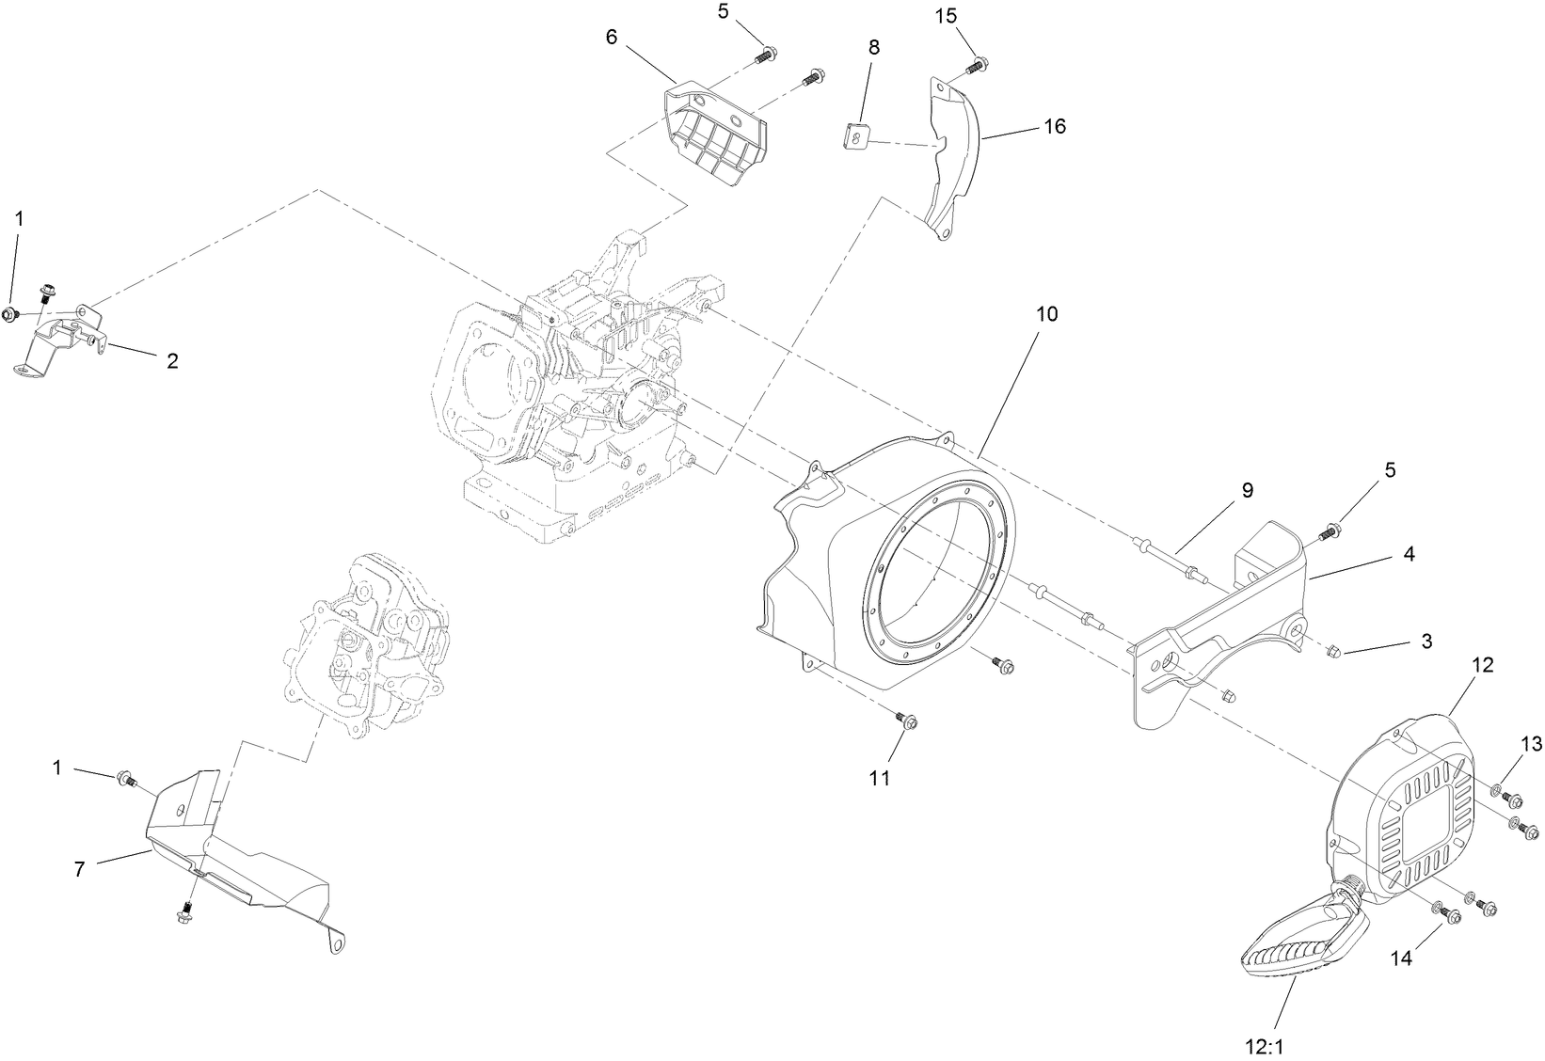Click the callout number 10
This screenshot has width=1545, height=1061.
(x=1046, y=314)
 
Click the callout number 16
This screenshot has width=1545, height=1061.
(x=1055, y=126)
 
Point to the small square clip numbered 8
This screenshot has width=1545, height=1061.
(x=853, y=136)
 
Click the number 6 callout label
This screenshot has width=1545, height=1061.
(x=612, y=37)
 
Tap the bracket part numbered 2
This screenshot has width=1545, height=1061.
(x=61, y=339)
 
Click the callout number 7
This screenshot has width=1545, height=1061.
(x=79, y=870)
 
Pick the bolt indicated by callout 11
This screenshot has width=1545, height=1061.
(x=908, y=721)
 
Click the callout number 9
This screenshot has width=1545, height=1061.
(x=1247, y=490)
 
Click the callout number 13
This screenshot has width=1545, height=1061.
(x=1531, y=745)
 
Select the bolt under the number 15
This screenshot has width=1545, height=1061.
(x=977, y=66)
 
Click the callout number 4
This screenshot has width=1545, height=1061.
(x=1409, y=555)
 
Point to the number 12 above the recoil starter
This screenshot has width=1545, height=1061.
(x=1481, y=665)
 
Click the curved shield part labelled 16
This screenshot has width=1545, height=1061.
(x=955, y=160)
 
